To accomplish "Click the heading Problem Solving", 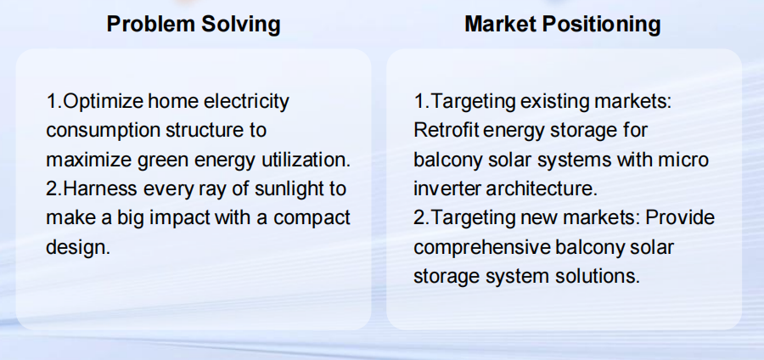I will click(194, 24).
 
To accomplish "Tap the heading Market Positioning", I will click(562, 24).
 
